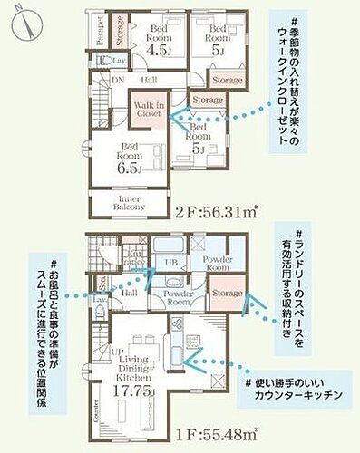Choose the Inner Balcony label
pyautogui.click(x=129, y=202)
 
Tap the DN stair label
pyautogui.click(x=118, y=80)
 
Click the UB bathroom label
pyautogui.click(x=170, y=263)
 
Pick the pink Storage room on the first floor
pyautogui.click(x=226, y=294)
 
